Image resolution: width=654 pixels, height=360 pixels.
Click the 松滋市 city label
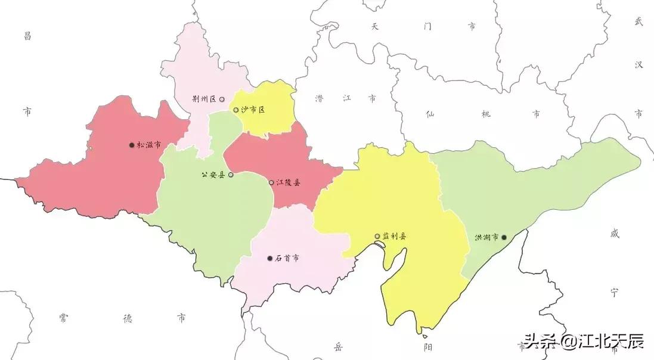coord(148,145)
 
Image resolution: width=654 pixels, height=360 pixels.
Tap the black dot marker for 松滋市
coord(132,145)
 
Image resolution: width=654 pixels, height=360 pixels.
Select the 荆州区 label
coord(204,100)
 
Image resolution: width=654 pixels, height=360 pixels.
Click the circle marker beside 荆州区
coord(222,100)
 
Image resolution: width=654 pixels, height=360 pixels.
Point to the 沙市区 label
coord(253,110)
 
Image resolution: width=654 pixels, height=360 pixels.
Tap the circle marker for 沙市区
coord(236,110)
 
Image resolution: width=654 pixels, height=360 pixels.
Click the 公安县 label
coord(213,175)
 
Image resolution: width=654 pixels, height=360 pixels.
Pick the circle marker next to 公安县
coord(231,175)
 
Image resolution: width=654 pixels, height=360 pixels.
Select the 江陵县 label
coord(289,182)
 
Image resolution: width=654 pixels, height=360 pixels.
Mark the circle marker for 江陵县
coord(271,182)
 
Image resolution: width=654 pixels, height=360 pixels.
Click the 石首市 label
coord(287,259)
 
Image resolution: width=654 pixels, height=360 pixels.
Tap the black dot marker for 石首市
coord(270,259)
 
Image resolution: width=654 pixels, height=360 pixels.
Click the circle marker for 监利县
coord(377,237)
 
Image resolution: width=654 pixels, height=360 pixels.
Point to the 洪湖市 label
coord(486,237)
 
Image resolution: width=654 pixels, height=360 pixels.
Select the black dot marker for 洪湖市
coord(504,237)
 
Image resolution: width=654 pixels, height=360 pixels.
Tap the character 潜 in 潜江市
coord(320,98)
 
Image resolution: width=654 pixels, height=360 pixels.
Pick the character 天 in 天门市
coord(375,27)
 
